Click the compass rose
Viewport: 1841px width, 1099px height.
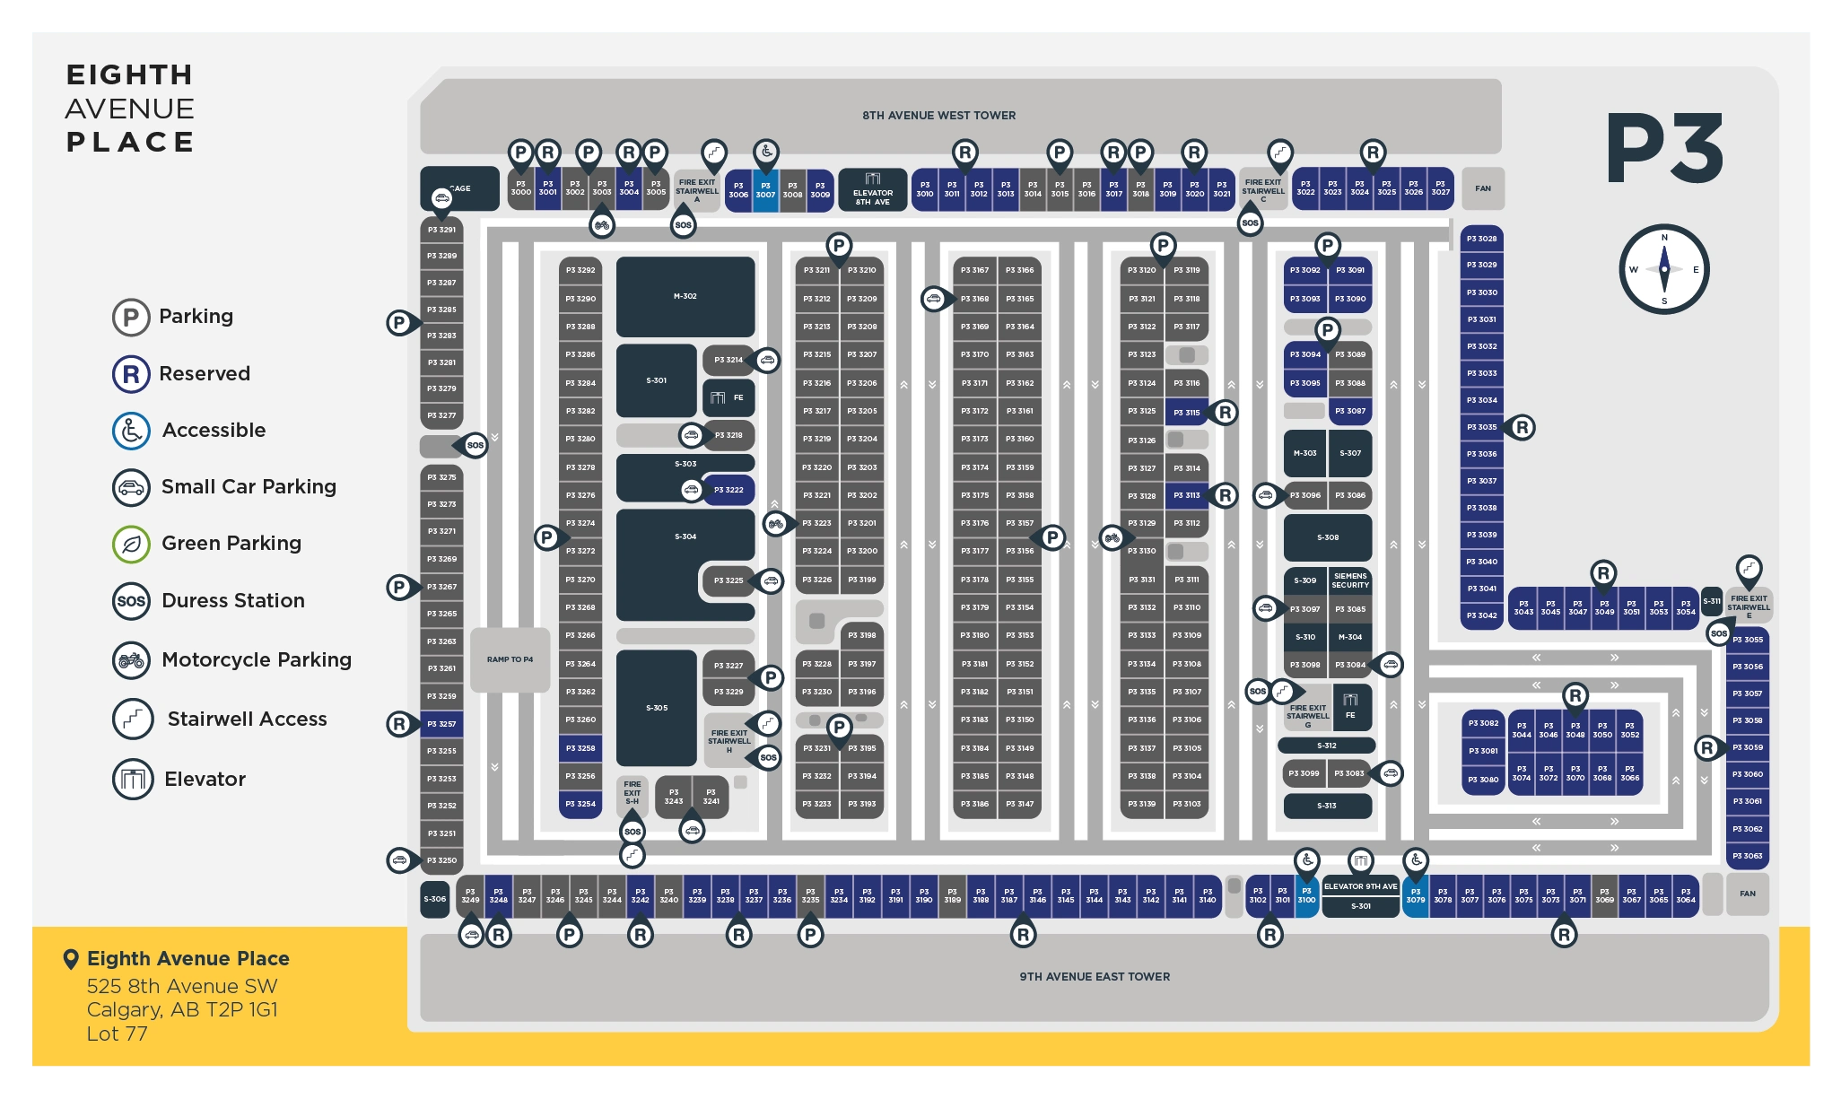click(x=1663, y=269)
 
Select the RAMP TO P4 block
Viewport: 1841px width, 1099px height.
click(x=510, y=659)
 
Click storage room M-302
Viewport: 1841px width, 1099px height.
click(x=685, y=296)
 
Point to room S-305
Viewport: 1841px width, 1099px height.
click(x=657, y=708)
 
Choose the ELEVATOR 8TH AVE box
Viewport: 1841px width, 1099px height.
click(x=872, y=191)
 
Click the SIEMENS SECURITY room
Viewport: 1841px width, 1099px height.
click(x=1349, y=580)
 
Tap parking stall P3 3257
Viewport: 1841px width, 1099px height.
click(x=441, y=724)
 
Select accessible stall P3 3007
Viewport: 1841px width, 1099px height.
click(x=765, y=190)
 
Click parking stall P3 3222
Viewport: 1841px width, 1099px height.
click(x=729, y=490)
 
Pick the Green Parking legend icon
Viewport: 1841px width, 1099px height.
click(x=131, y=544)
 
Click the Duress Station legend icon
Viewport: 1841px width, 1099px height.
click(x=131, y=601)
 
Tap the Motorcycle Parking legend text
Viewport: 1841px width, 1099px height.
click(x=257, y=660)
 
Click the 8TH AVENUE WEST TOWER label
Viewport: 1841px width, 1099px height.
click(x=938, y=116)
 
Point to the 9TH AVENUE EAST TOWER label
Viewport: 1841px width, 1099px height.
click(x=1095, y=977)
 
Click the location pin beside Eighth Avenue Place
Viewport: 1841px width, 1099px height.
click(x=71, y=959)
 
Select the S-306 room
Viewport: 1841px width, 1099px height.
click(x=435, y=899)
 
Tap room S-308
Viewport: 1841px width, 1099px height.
click(x=1328, y=537)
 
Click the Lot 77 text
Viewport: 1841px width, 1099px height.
click(x=117, y=1034)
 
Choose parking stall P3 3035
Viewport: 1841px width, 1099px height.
click(x=1481, y=427)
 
